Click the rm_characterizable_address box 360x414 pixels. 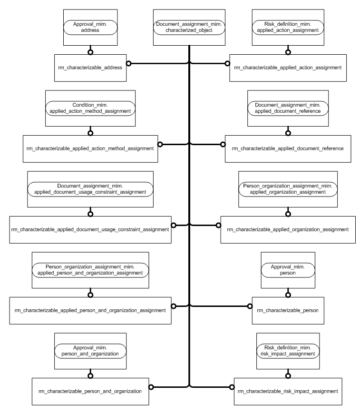90,68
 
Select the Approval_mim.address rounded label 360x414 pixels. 90,26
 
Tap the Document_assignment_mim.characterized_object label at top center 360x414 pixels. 189,26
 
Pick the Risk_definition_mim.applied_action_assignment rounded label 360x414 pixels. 288,26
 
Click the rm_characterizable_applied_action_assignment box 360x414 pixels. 288,68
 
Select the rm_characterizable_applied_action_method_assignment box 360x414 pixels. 90,148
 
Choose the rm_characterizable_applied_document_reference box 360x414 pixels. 288,148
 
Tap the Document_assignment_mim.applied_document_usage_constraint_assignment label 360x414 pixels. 90,188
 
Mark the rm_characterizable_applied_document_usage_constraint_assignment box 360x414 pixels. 90,229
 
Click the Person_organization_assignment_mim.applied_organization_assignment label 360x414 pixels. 288,188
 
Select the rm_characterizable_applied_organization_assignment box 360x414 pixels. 288,229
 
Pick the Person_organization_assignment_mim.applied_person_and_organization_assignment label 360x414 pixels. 90,270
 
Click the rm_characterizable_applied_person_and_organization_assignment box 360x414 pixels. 90,310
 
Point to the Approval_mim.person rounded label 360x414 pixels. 288,270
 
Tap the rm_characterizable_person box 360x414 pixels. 288,310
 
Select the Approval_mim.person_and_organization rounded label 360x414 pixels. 90,351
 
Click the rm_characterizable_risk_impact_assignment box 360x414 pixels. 288,391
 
